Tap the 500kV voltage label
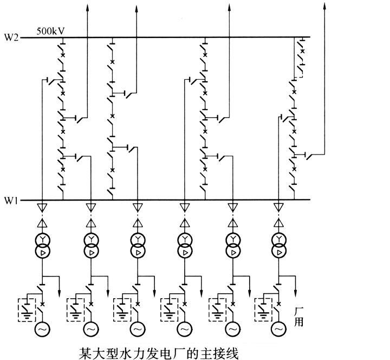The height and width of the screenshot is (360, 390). point(51,31)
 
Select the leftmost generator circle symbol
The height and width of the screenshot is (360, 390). point(42,329)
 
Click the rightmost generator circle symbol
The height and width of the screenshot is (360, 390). point(279,329)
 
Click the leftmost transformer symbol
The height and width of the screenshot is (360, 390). point(42,246)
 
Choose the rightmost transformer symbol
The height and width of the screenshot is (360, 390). point(279,246)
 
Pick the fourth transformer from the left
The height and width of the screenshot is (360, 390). point(184,246)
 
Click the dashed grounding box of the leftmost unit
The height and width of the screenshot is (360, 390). point(27,310)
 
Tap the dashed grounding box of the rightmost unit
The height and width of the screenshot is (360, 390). point(264,310)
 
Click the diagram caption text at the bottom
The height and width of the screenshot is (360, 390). point(159,352)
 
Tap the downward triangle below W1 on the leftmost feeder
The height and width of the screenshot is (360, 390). point(42,208)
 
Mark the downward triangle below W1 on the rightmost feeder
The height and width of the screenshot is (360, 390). point(279,208)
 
